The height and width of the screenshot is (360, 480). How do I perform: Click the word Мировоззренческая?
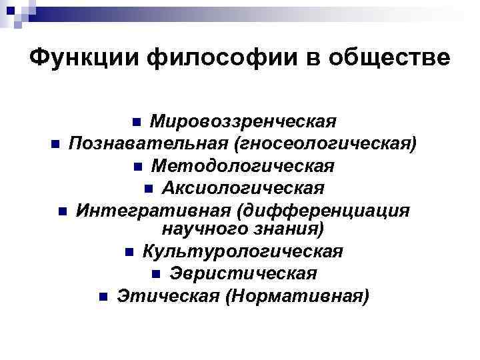(242, 122)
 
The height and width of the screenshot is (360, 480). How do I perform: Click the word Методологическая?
(242, 165)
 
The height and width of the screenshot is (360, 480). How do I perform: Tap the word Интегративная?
(151, 211)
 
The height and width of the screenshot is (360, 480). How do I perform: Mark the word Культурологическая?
(243, 252)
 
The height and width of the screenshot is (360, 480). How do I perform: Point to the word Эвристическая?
(243, 273)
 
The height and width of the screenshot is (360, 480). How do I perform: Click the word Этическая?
(167, 295)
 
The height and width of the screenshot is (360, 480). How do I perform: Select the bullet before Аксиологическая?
(149, 187)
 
